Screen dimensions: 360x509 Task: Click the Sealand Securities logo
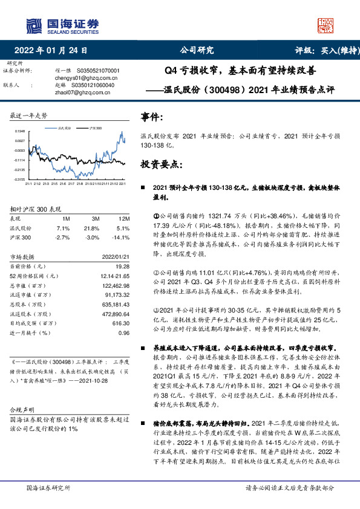61,25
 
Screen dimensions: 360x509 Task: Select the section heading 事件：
152,116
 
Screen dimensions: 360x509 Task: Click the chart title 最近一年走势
29,115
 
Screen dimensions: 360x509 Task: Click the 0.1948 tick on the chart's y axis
20,131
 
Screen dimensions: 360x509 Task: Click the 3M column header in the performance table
96,218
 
